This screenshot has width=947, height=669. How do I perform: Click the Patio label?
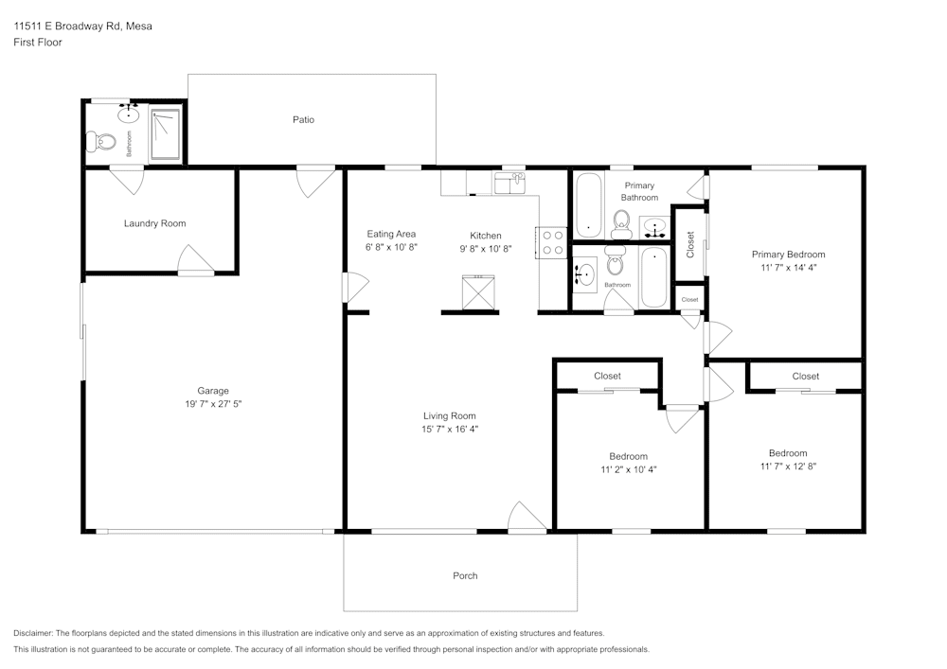coord(303,120)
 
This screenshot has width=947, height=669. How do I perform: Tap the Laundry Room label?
coord(154,223)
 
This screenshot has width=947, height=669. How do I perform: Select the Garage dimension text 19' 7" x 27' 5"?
coord(213,403)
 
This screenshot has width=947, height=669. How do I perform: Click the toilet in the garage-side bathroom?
coord(100,143)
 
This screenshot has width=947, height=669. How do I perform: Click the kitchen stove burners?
coord(552,243)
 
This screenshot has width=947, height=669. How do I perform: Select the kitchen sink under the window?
coord(511,184)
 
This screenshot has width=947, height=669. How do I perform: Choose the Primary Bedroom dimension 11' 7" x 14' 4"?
coord(788,267)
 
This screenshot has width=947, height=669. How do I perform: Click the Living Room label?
coord(449,415)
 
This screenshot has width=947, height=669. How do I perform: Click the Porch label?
coord(465,575)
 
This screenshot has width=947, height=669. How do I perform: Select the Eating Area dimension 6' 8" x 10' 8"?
coord(391,247)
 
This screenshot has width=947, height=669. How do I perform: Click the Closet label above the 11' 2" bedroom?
coord(607,376)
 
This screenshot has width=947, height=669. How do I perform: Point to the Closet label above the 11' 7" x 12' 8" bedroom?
coord(805,376)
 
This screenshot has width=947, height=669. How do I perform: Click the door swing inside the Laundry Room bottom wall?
coord(196,259)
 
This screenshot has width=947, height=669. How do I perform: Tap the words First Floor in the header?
coord(38,43)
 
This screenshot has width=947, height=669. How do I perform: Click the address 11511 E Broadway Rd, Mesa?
coord(82,26)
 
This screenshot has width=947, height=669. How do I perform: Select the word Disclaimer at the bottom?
coord(33,632)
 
